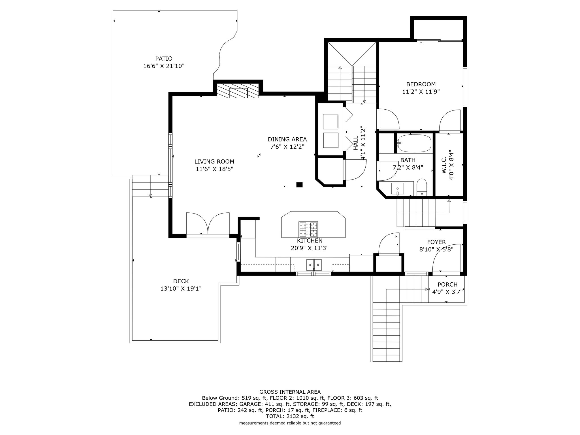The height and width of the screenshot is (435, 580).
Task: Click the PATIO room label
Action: pyautogui.click(x=164, y=59)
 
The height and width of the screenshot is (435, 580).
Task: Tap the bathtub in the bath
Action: pyautogui.click(x=414, y=143)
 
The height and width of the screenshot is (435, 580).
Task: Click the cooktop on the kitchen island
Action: pyautogui.click(x=308, y=229)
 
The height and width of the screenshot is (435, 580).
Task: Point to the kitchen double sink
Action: pyautogui.click(x=314, y=265)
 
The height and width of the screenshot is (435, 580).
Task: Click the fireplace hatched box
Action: pyautogui.click(x=238, y=91)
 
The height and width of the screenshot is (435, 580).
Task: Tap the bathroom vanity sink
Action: pyautogui.click(x=398, y=188)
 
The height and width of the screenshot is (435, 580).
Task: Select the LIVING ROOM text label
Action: pyautogui.click(x=214, y=162)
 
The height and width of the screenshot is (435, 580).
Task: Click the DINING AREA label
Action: pyautogui.click(x=287, y=139)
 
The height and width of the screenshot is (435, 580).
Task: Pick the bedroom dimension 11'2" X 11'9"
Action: pyautogui.click(x=421, y=91)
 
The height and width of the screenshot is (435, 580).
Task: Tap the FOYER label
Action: pyautogui.click(x=436, y=242)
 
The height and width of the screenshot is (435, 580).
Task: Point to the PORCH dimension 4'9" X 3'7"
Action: pyautogui.click(x=447, y=292)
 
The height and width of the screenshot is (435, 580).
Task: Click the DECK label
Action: pyautogui.click(x=181, y=281)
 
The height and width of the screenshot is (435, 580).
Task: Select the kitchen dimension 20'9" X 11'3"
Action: pyautogui.click(x=310, y=248)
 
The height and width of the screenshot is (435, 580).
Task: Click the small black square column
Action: pyautogui.click(x=299, y=185)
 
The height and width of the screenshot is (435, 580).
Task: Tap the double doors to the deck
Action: pyautogui.click(x=208, y=224)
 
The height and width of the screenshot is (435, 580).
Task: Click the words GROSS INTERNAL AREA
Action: pyautogui.click(x=290, y=392)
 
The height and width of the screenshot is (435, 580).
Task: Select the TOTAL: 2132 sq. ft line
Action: pyautogui.click(x=290, y=416)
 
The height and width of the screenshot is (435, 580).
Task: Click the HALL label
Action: pyautogui.click(x=356, y=143)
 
